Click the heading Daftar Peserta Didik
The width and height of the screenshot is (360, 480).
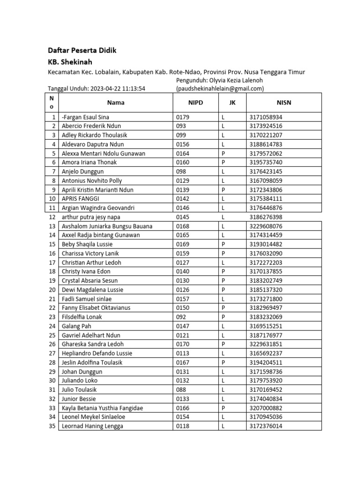(x=82, y=50)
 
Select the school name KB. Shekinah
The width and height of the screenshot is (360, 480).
(x=70, y=61)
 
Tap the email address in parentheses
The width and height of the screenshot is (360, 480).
(x=219, y=88)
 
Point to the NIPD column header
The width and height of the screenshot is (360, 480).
(x=195, y=103)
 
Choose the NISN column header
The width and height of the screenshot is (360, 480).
(x=284, y=103)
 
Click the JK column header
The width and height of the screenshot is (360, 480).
(x=232, y=103)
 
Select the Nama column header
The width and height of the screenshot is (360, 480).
(x=115, y=103)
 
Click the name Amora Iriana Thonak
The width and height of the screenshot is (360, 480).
(x=89, y=162)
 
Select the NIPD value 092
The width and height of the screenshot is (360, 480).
(x=181, y=317)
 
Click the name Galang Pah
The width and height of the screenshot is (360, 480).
(x=77, y=326)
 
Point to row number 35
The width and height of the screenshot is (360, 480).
(x=52, y=426)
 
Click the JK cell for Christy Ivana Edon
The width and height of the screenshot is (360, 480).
(x=224, y=271)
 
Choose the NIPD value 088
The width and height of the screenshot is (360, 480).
(x=181, y=390)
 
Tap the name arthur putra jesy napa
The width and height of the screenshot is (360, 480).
(x=93, y=217)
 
